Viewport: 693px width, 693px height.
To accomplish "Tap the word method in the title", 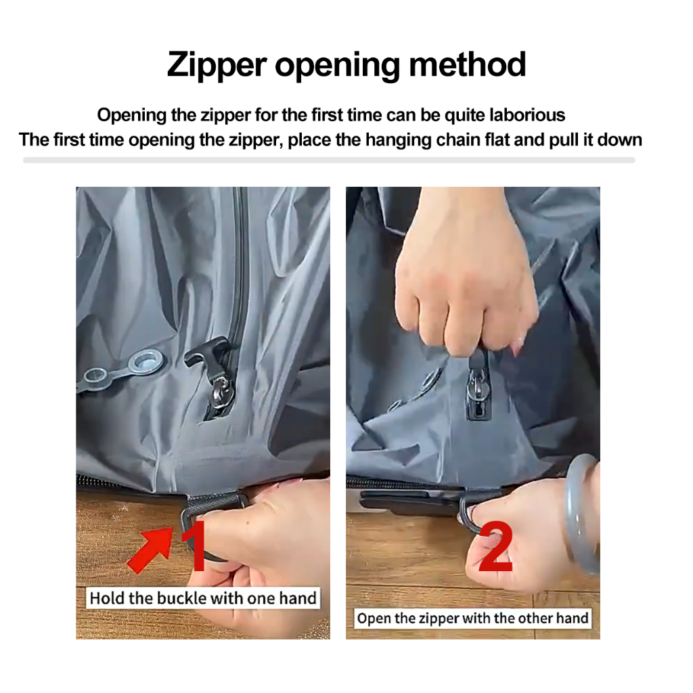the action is click(x=468, y=64).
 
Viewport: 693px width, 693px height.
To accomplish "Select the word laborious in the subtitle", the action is click(x=527, y=115).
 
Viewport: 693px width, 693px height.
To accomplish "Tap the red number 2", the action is click(x=495, y=546).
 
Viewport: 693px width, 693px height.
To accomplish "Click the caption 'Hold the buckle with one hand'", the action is click(x=203, y=598).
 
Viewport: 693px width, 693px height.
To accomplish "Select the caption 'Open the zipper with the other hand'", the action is click(x=472, y=618).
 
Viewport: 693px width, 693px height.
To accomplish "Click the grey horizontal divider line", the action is click(x=330, y=160).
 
